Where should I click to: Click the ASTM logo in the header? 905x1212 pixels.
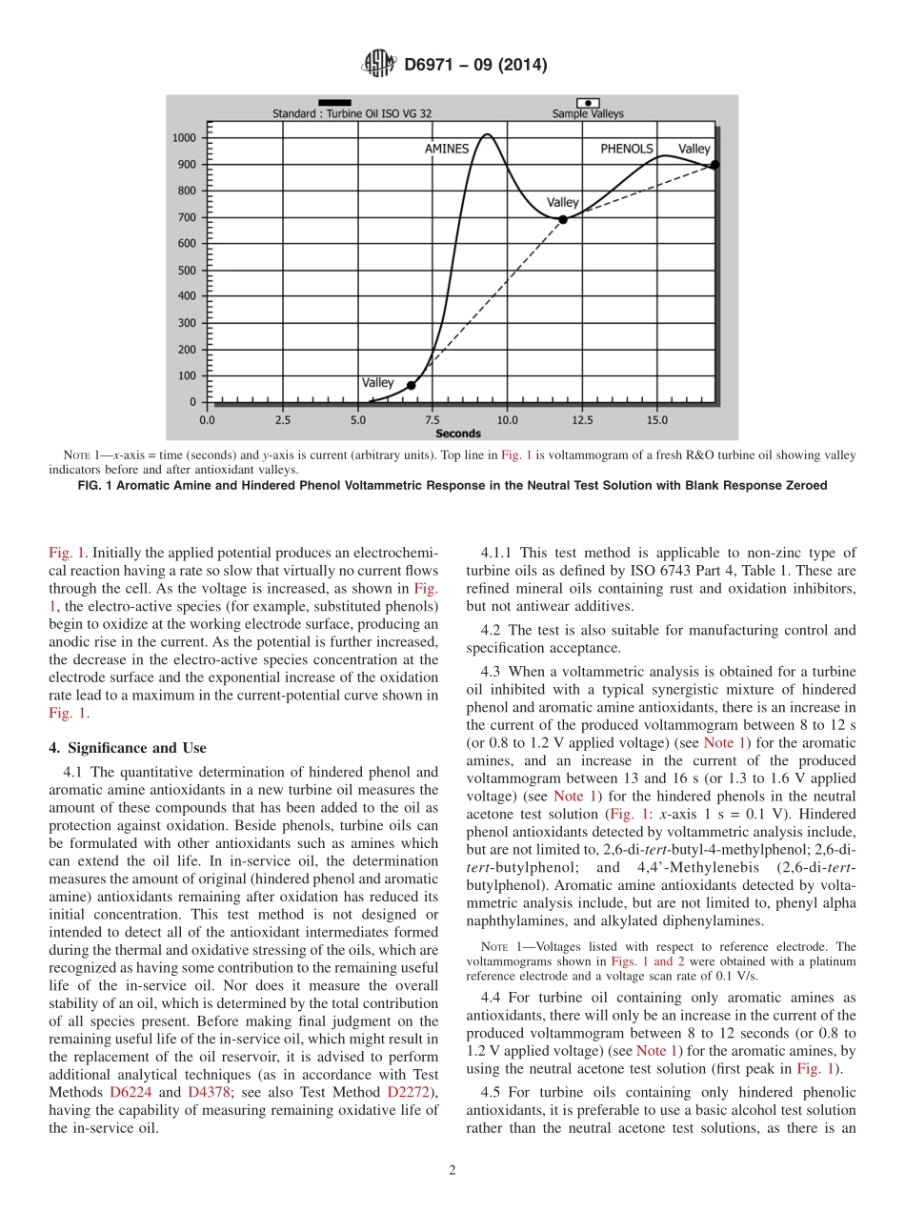pyautogui.click(x=379, y=65)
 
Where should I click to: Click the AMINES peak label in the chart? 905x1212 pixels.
pyautogui.click(x=447, y=149)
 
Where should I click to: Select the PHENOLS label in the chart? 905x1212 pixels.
pyautogui.click(x=627, y=149)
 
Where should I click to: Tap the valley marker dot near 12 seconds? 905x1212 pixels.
pyautogui.click(x=563, y=219)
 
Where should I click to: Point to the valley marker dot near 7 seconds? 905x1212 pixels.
pyautogui.click(x=412, y=385)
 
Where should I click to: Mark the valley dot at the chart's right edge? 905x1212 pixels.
pyautogui.click(x=714, y=165)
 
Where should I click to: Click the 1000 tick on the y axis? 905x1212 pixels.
pyautogui.click(x=184, y=138)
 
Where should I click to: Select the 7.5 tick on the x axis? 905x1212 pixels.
pyautogui.click(x=432, y=419)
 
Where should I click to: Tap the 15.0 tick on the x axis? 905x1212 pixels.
pyautogui.click(x=657, y=419)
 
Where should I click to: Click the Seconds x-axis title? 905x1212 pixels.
pyautogui.click(x=458, y=434)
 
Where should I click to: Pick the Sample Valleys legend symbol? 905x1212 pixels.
pyautogui.click(x=588, y=102)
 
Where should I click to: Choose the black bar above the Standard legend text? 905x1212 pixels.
pyautogui.click(x=334, y=102)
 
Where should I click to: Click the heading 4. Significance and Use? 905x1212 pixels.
pyautogui.click(x=129, y=748)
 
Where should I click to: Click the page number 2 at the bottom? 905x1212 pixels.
pyautogui.click(x=452, y=1171)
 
